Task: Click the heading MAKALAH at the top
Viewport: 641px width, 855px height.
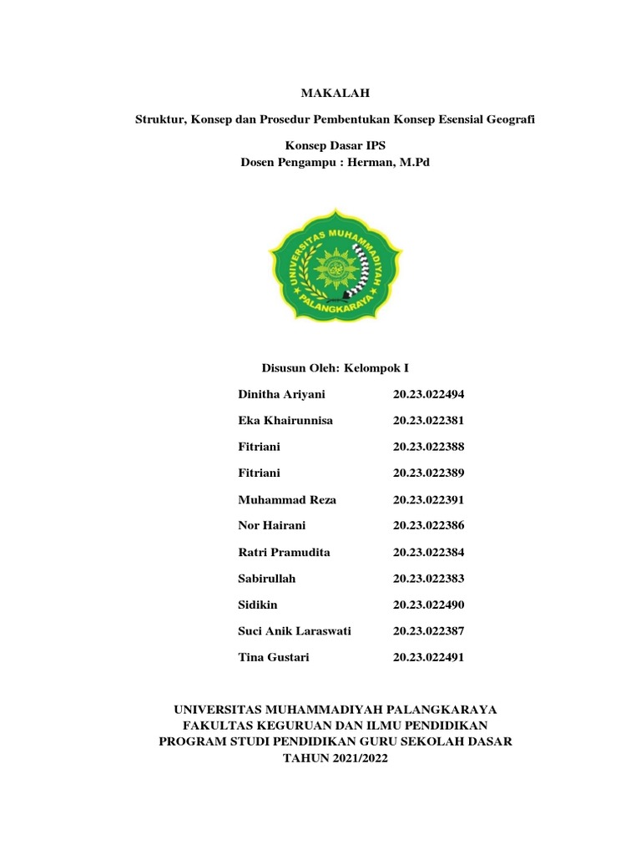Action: tap(335, 93)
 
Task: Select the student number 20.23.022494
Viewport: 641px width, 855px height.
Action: tap(428, 394)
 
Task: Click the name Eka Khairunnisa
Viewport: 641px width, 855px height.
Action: tap(285, 420)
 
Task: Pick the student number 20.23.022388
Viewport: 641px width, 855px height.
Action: tap(428, 447)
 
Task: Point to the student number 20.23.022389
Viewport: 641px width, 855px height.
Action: tap(428, 473)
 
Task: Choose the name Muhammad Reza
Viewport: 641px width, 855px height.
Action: tap(287, 499)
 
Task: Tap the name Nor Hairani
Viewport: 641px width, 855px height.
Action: tap(272, 525)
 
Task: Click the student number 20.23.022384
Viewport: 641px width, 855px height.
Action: tap(428, 552)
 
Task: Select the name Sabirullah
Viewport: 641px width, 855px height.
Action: tap(267, 578)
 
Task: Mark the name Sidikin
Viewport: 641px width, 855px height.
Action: tap(258, 605)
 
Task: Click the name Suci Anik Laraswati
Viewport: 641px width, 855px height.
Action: tap(295, 630)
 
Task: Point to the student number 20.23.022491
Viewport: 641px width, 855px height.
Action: tap(428, 657)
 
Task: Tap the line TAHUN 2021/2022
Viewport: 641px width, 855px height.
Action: tap(335, 758)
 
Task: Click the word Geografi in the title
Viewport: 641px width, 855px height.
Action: tap(511, 119)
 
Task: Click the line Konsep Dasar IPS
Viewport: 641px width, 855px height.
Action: tap(335, 145)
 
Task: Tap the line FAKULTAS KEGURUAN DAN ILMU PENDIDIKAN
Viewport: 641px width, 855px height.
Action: tap(335, 725)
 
